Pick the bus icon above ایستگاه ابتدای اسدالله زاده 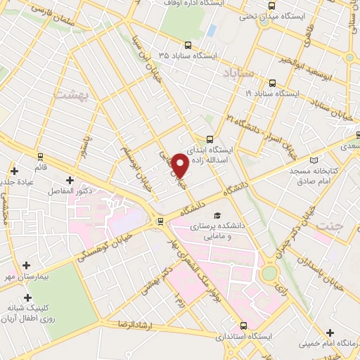tap(210, 139)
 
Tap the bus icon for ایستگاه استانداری tap(244, 326)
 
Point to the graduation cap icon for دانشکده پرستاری tap(217, 214)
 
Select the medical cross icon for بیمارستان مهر tap(27, 266)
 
